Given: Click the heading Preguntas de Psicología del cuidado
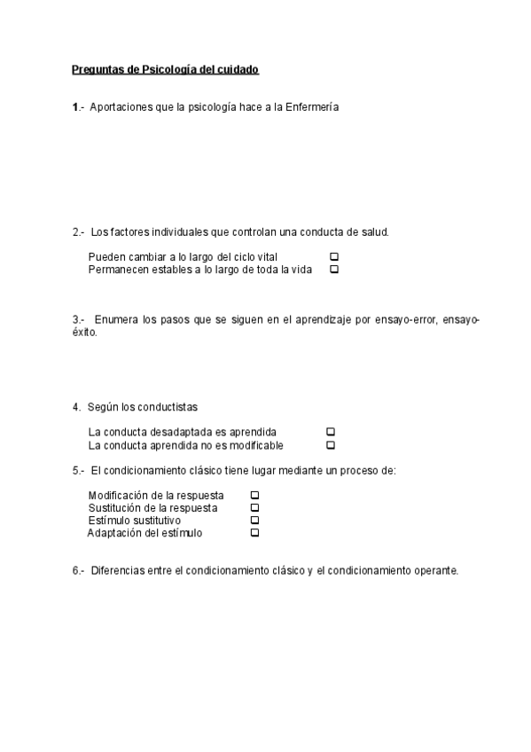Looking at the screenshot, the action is [165, 69].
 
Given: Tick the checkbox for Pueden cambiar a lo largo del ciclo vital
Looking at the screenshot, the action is [334, 257].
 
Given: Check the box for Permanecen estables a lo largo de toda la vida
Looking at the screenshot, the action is [334, 270].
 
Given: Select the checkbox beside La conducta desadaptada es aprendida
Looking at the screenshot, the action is [331, 432].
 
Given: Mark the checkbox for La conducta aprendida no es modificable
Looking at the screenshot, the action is [331, 444].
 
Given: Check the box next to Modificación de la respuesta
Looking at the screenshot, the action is [254, 495].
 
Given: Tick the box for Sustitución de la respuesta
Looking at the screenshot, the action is [254, 507].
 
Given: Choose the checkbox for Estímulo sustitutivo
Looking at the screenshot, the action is [254, 521].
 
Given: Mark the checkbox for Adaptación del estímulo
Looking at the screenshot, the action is [254, 533].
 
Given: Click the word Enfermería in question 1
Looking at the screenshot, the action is [311, 107].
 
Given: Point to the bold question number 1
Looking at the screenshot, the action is [75, 107].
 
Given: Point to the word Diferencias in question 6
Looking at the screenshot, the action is [116, 570].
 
